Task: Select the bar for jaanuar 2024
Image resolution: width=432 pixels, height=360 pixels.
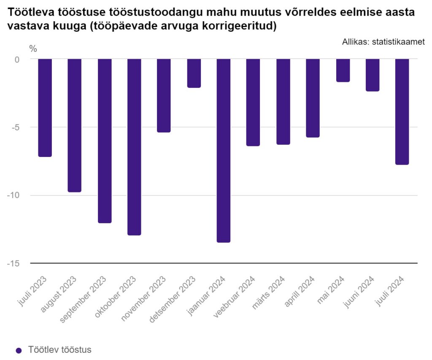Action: [x=223, y=150]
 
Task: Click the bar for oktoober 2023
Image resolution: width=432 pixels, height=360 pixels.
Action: [x=134, y=146]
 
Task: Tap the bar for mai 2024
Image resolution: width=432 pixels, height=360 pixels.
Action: [x=343, y=70]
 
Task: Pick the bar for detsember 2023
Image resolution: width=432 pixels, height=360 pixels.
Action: [x=194, y=73]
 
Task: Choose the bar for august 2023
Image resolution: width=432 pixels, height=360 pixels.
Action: [x=75, y=125]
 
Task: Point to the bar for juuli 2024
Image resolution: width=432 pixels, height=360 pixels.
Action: [x=402, y=111]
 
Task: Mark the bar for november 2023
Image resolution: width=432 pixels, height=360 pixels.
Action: [x=164, y=95]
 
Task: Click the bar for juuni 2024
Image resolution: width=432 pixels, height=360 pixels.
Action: [x=372, y=75]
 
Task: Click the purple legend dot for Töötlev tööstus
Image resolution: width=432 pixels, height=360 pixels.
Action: [x=18, y=350]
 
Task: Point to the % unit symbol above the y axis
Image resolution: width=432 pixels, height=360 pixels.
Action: [x=33, y=49]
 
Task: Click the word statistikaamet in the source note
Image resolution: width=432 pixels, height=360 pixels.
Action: [x=398, y=41]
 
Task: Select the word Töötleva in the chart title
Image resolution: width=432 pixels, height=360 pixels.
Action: [x=27, y=13]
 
